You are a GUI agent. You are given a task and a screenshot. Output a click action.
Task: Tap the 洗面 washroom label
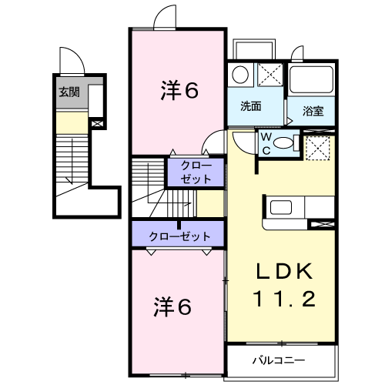pos(250,106)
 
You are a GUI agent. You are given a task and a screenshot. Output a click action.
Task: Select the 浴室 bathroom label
pos(313,111)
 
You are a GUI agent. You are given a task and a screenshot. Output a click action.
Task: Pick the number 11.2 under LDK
pos(284,299)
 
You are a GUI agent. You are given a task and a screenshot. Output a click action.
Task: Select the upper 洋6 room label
pos(180,90)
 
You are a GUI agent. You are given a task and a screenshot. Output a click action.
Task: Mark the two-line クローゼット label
pos(194,172)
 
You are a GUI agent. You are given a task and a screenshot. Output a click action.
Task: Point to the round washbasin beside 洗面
pos(240,75)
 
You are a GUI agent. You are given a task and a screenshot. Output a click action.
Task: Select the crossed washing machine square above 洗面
pos(269,76)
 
